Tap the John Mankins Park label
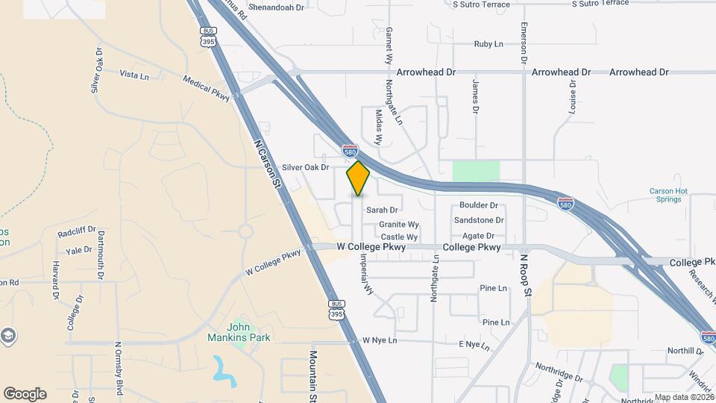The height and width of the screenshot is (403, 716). coord(239,331)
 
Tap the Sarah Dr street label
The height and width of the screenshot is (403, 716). coord(382,210)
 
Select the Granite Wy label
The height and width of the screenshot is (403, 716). coord(399,224)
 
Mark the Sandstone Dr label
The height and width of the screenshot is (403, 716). coord(479,220)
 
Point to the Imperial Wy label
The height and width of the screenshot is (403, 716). coord(367,275)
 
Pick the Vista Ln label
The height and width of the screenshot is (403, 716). coord(134,75)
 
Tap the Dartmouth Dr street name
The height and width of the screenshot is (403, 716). coord(100,254)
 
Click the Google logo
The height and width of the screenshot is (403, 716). coord(25,394)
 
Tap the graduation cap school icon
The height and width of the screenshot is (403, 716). coord(8,334)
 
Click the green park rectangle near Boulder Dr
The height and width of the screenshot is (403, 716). coord(476,172)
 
